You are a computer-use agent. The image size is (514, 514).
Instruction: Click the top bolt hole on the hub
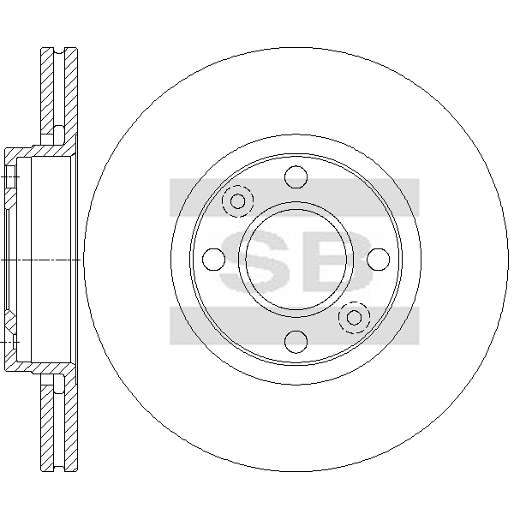coord(296,177)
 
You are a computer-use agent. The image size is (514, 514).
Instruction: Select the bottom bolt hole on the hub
coord(296,342)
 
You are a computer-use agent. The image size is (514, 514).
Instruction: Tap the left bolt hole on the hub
coord(213,260)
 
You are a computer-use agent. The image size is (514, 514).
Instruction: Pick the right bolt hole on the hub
coord(379,260)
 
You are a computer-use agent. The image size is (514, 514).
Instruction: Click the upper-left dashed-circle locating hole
coord(237,201)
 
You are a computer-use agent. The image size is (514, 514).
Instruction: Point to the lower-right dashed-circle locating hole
coord(355,317)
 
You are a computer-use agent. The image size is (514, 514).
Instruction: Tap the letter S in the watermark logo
coord(255,261)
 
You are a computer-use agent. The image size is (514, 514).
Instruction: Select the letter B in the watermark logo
coord(338,261)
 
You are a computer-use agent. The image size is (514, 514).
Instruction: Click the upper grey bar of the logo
coord(295,197)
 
